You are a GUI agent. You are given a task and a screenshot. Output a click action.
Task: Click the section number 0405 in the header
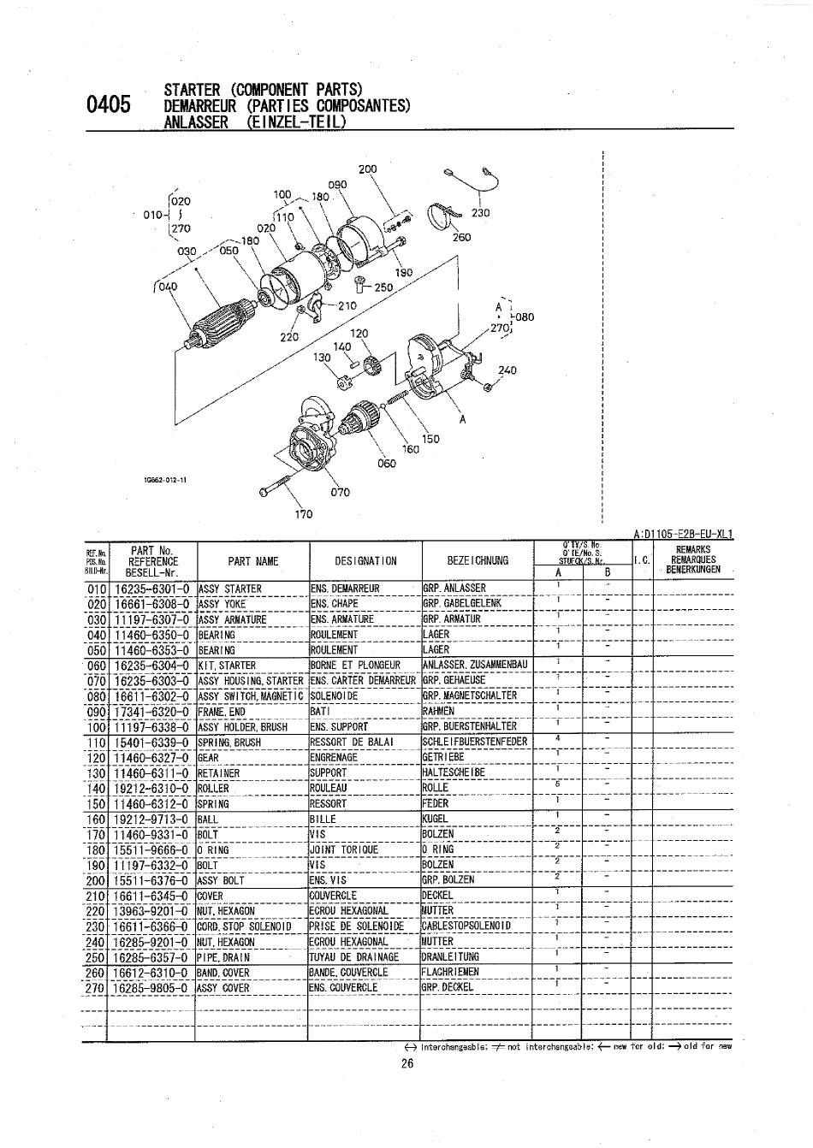click(109, 104)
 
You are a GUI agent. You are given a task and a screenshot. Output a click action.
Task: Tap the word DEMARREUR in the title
click(202, 105)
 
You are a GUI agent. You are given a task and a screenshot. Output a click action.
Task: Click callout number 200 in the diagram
click(367, 169)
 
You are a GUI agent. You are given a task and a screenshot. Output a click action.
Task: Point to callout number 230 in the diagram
click(480, 213)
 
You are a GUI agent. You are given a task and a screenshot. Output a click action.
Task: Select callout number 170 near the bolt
click(304, 514)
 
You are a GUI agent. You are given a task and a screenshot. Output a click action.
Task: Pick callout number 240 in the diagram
click(507, 370)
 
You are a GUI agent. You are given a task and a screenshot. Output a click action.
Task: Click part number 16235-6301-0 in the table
click(152, 589)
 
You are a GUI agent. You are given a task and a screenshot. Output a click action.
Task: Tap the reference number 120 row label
click(96, 757)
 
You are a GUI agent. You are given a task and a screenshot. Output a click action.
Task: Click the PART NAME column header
click(252, 561)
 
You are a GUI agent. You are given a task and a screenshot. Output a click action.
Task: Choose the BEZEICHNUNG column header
click(478, 561)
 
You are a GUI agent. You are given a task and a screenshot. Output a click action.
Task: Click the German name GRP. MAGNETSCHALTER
click(469, 695)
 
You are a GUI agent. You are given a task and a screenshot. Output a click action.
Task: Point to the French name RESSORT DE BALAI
click(352, 742)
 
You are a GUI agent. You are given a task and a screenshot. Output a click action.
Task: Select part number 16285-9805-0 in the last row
click(152, 987)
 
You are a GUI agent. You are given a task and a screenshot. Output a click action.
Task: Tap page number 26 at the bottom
click(407, 1065)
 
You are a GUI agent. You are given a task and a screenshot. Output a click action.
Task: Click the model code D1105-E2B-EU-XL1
click(686, 535)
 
